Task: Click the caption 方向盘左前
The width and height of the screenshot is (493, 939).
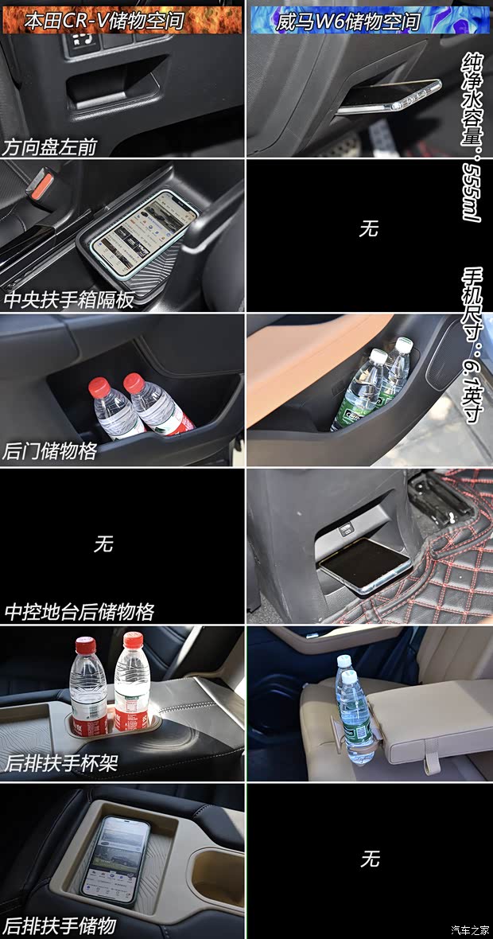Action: (49, 147)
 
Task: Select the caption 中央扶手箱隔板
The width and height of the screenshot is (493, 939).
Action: (68, 300)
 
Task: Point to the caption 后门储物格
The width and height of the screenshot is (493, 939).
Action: (49, 451)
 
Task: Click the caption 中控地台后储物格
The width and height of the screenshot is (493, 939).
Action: (80, 612)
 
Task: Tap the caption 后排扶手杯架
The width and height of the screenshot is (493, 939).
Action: (60, 762)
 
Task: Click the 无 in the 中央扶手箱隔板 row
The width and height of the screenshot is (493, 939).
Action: (368, 229)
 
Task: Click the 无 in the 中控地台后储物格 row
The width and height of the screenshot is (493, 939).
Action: (103, 544)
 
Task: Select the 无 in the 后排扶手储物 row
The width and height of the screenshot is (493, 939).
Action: (370, 859)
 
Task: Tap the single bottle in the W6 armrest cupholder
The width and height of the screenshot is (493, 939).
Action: (351, 708)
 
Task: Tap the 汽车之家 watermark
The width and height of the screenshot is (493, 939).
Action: (470, 929)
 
